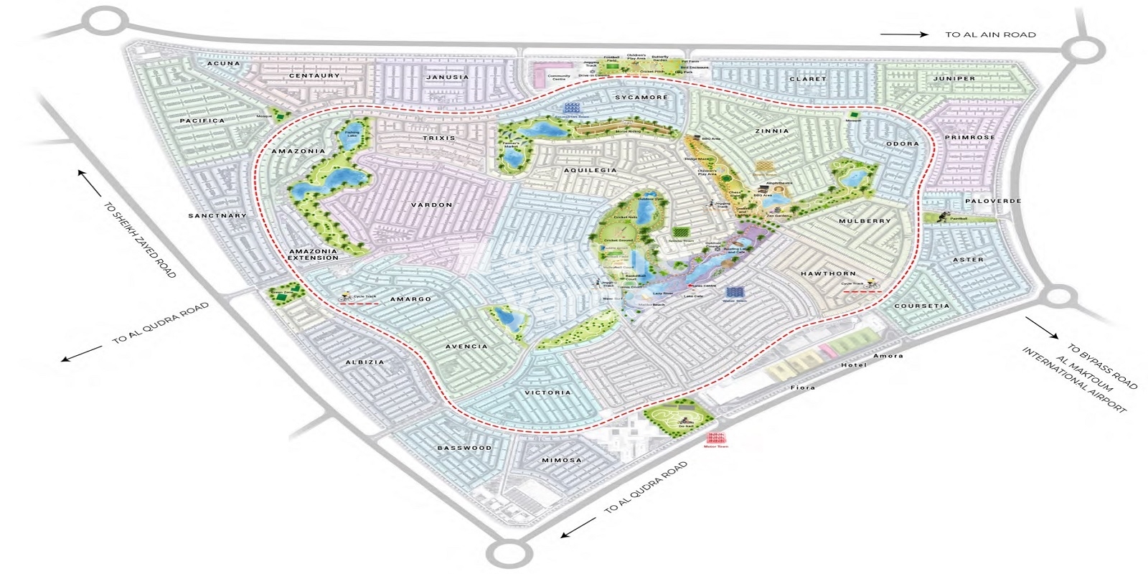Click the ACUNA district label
click(x=224, y=64)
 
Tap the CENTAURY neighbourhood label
click(x=314, y=76)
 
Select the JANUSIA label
click(x=447, y=77)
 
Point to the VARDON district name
click(x=431, y=205)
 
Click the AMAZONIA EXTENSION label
click(x=314, y=254)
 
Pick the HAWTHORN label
click(x=829, y=274)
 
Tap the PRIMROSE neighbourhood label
click(x=969, y=138)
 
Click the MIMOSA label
click(x=562, y=461)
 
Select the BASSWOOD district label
click(x=465, y=448)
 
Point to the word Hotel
click(x=854, y=365)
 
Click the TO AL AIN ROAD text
click(x=990, y=34)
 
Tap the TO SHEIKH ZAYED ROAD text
click(x=139, y=240)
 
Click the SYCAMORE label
click(x=641, y=98)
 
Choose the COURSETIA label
click(x=922, y=306)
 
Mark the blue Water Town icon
click(x=735, y=292)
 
